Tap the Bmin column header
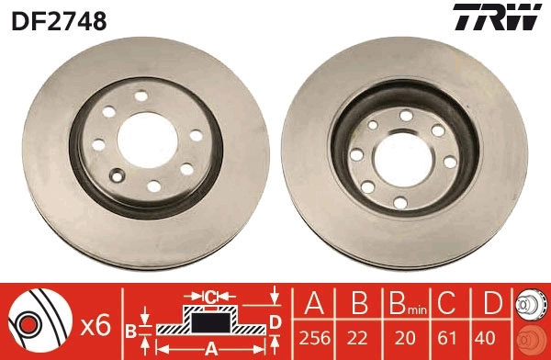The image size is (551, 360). [x=401, y=303]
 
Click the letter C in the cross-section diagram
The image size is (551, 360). [x=209, y=296]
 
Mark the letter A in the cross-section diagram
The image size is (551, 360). [x=209, y=348]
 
